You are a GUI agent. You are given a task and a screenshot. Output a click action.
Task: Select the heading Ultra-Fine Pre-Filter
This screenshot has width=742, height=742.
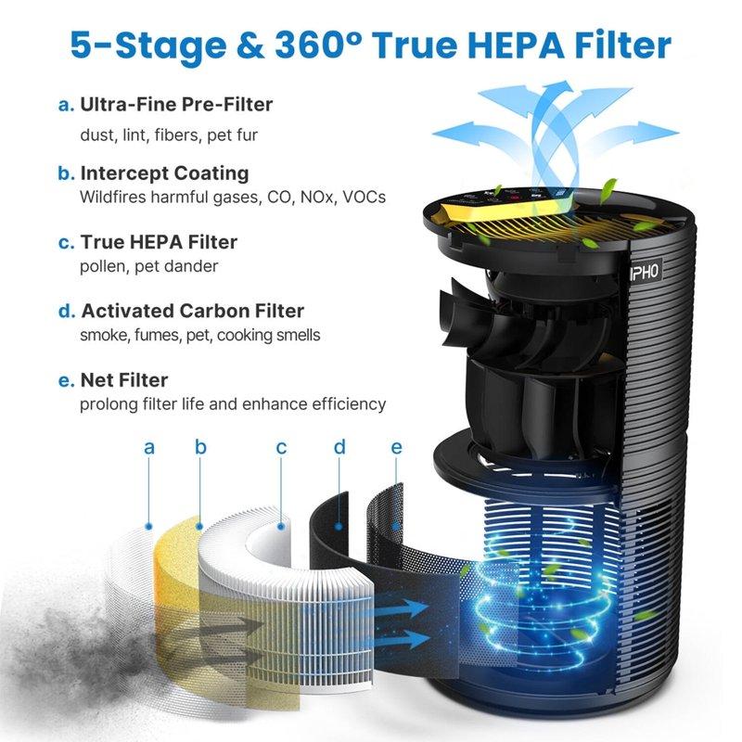(176, 104)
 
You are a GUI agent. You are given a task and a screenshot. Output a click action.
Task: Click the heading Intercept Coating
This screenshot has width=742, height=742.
(164, 173)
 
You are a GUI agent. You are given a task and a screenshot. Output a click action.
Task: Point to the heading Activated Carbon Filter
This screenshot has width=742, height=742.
(192, 311)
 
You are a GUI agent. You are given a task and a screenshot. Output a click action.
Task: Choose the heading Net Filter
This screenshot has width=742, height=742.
(123, 380)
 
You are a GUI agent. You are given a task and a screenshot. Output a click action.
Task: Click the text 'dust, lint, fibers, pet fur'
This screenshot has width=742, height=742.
(168, 134)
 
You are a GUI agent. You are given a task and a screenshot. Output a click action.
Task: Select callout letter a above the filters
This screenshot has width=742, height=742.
(148, 448)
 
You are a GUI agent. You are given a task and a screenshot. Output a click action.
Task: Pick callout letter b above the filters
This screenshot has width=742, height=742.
(200, 448)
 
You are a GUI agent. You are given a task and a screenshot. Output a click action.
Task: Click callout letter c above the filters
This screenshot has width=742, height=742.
(281, 448)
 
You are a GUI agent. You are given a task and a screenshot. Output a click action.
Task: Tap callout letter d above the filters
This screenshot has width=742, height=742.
(339, 448)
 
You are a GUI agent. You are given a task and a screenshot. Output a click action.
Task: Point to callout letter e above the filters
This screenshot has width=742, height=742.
(397, 448)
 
